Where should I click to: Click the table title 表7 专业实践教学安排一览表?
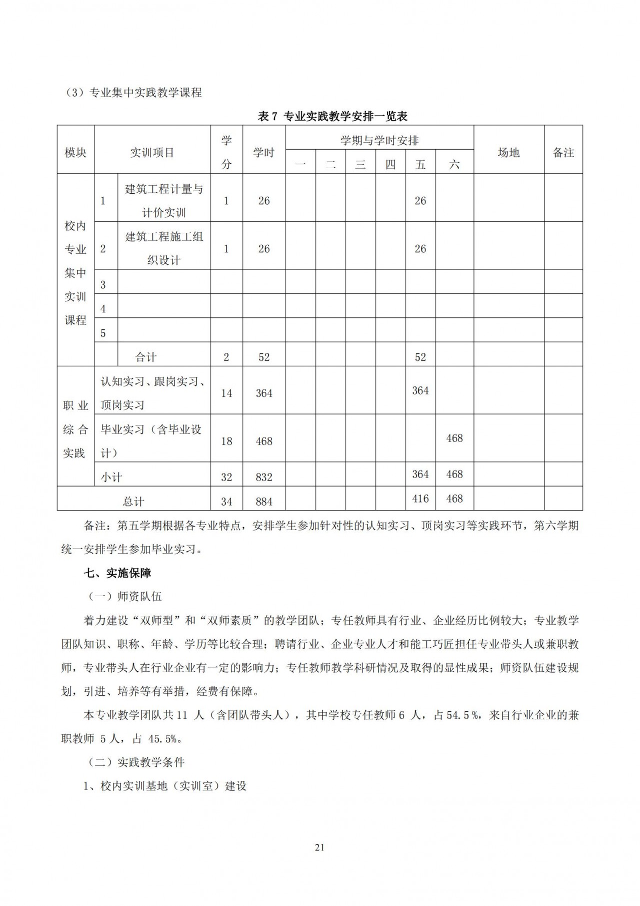coord(332,117)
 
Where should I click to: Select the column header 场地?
coord(508,153)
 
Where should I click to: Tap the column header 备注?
coord(563,153)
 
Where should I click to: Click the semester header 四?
coord(390,164)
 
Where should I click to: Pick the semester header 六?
coord(454,164)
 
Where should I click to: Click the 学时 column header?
coord(263,153)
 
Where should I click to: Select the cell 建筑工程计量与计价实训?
coord(164,201)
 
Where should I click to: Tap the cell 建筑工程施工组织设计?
coord(164,248)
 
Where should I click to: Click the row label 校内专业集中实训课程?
coord(75,273)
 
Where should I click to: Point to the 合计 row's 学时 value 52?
coord(263,357)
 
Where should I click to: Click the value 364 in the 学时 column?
coord(263,393)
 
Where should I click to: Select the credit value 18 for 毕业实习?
coord(226,441)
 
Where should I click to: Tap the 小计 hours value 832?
coord(263,477)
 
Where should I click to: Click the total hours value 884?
coord(263,501)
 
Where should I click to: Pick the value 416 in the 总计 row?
coord(420,499)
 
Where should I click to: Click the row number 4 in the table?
coord(103,309)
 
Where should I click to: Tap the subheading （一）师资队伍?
coord(124,597)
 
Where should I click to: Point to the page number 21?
coord(320,847)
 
